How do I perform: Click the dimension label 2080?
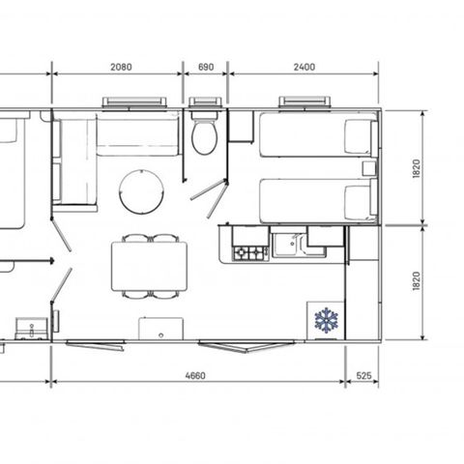click(x=122, y=68)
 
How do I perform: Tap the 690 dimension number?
click(x=205, y=68)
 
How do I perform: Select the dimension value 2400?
click(x=304, y=68)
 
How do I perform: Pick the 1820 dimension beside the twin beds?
click(x=417, y=168)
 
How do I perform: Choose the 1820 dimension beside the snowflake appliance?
click(x=417, y=282)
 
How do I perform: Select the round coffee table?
click(x=140, y=190)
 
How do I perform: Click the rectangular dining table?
click(x=149, y=264)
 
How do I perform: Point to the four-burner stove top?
click(x=250, y=252)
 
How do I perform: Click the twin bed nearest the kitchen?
click(x=316, y=200)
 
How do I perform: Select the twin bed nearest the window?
click(x=316, y=136)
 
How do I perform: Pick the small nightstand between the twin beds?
click(x=369, y=167)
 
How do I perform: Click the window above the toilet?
click(x=205, y=102)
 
